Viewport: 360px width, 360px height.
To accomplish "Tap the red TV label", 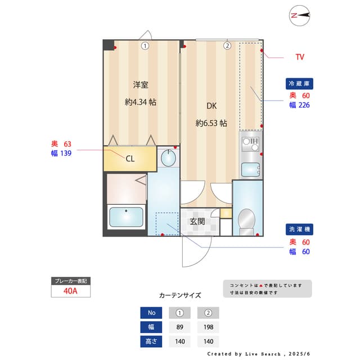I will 300,57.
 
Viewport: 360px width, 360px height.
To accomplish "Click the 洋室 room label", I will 141,85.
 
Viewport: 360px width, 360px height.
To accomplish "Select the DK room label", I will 211,105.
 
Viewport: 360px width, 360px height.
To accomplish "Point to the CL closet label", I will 130,159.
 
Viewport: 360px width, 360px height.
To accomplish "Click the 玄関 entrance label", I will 197,221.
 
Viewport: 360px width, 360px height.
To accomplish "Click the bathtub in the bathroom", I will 126,217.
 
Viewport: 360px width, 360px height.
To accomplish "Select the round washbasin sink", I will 168,159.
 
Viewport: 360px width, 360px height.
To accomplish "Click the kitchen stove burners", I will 250,142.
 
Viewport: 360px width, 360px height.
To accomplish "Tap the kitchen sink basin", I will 250,169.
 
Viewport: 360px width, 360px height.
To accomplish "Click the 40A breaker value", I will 70,291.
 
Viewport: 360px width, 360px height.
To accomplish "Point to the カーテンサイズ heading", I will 179,295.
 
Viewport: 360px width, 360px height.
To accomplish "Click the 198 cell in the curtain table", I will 208,327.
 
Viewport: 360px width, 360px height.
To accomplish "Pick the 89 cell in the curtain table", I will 179,327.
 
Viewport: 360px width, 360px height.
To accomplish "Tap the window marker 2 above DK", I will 227,46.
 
